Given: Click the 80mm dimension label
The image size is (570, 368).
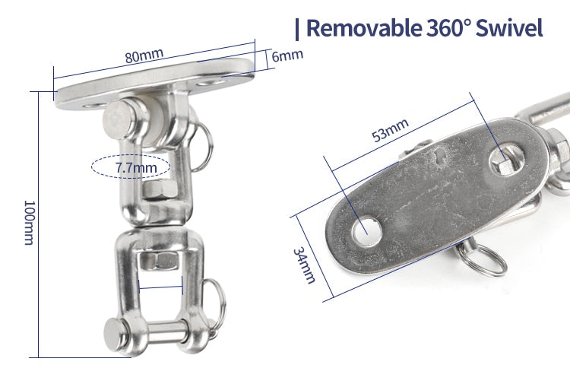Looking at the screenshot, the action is (144, 56).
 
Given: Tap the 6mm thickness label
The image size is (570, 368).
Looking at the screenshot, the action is (287, 56).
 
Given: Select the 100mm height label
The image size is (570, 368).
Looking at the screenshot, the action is (29, 223).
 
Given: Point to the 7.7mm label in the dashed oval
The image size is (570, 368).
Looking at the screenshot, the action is (136, 167).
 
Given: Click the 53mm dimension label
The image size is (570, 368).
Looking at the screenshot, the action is (390, 130).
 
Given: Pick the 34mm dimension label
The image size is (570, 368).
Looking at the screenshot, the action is (304, 265).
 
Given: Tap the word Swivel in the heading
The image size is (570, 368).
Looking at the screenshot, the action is (509, 27).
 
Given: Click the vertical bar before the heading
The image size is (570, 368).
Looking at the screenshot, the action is (297, 29).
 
